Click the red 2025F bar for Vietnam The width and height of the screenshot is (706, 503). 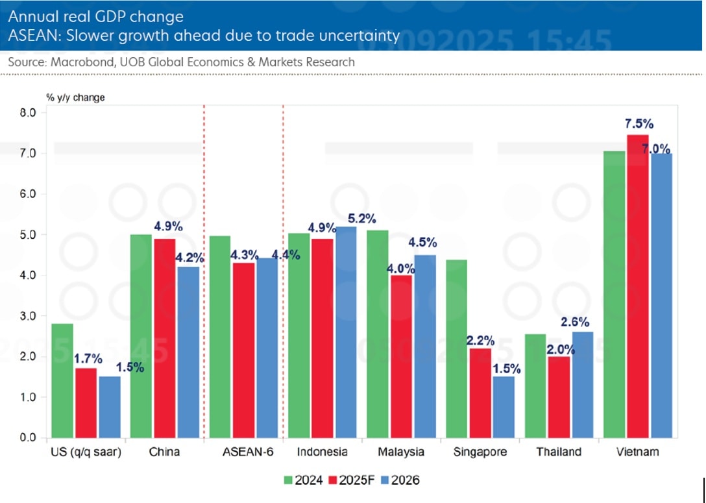637,286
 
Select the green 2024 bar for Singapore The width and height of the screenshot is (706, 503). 457,349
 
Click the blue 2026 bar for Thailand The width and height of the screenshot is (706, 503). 582,384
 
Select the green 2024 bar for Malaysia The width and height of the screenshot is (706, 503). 378,334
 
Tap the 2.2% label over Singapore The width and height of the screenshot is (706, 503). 480,340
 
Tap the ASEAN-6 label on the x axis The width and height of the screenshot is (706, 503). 239,452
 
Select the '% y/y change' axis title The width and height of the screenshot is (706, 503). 75,97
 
